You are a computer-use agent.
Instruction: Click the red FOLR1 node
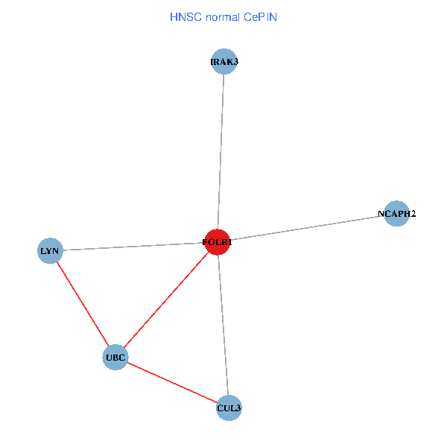217,242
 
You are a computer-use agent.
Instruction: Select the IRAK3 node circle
224,61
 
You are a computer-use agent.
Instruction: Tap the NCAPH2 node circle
396,214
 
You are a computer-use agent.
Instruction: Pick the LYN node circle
50,250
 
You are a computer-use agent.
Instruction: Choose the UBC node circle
115,358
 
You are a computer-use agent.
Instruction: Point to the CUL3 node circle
229,408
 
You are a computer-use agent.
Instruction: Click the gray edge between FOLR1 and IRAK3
221,149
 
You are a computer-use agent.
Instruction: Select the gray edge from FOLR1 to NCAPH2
305,228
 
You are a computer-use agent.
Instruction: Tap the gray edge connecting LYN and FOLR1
134,247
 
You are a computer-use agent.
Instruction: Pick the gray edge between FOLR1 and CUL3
223,325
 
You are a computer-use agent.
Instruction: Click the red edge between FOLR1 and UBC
166,299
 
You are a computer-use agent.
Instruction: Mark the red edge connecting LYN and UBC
82,304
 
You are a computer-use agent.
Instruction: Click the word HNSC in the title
183,16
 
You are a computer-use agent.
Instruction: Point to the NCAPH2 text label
396,214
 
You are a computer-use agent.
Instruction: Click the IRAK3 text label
224,61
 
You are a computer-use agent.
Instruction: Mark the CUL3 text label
229,408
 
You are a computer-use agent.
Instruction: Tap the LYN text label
50,251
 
